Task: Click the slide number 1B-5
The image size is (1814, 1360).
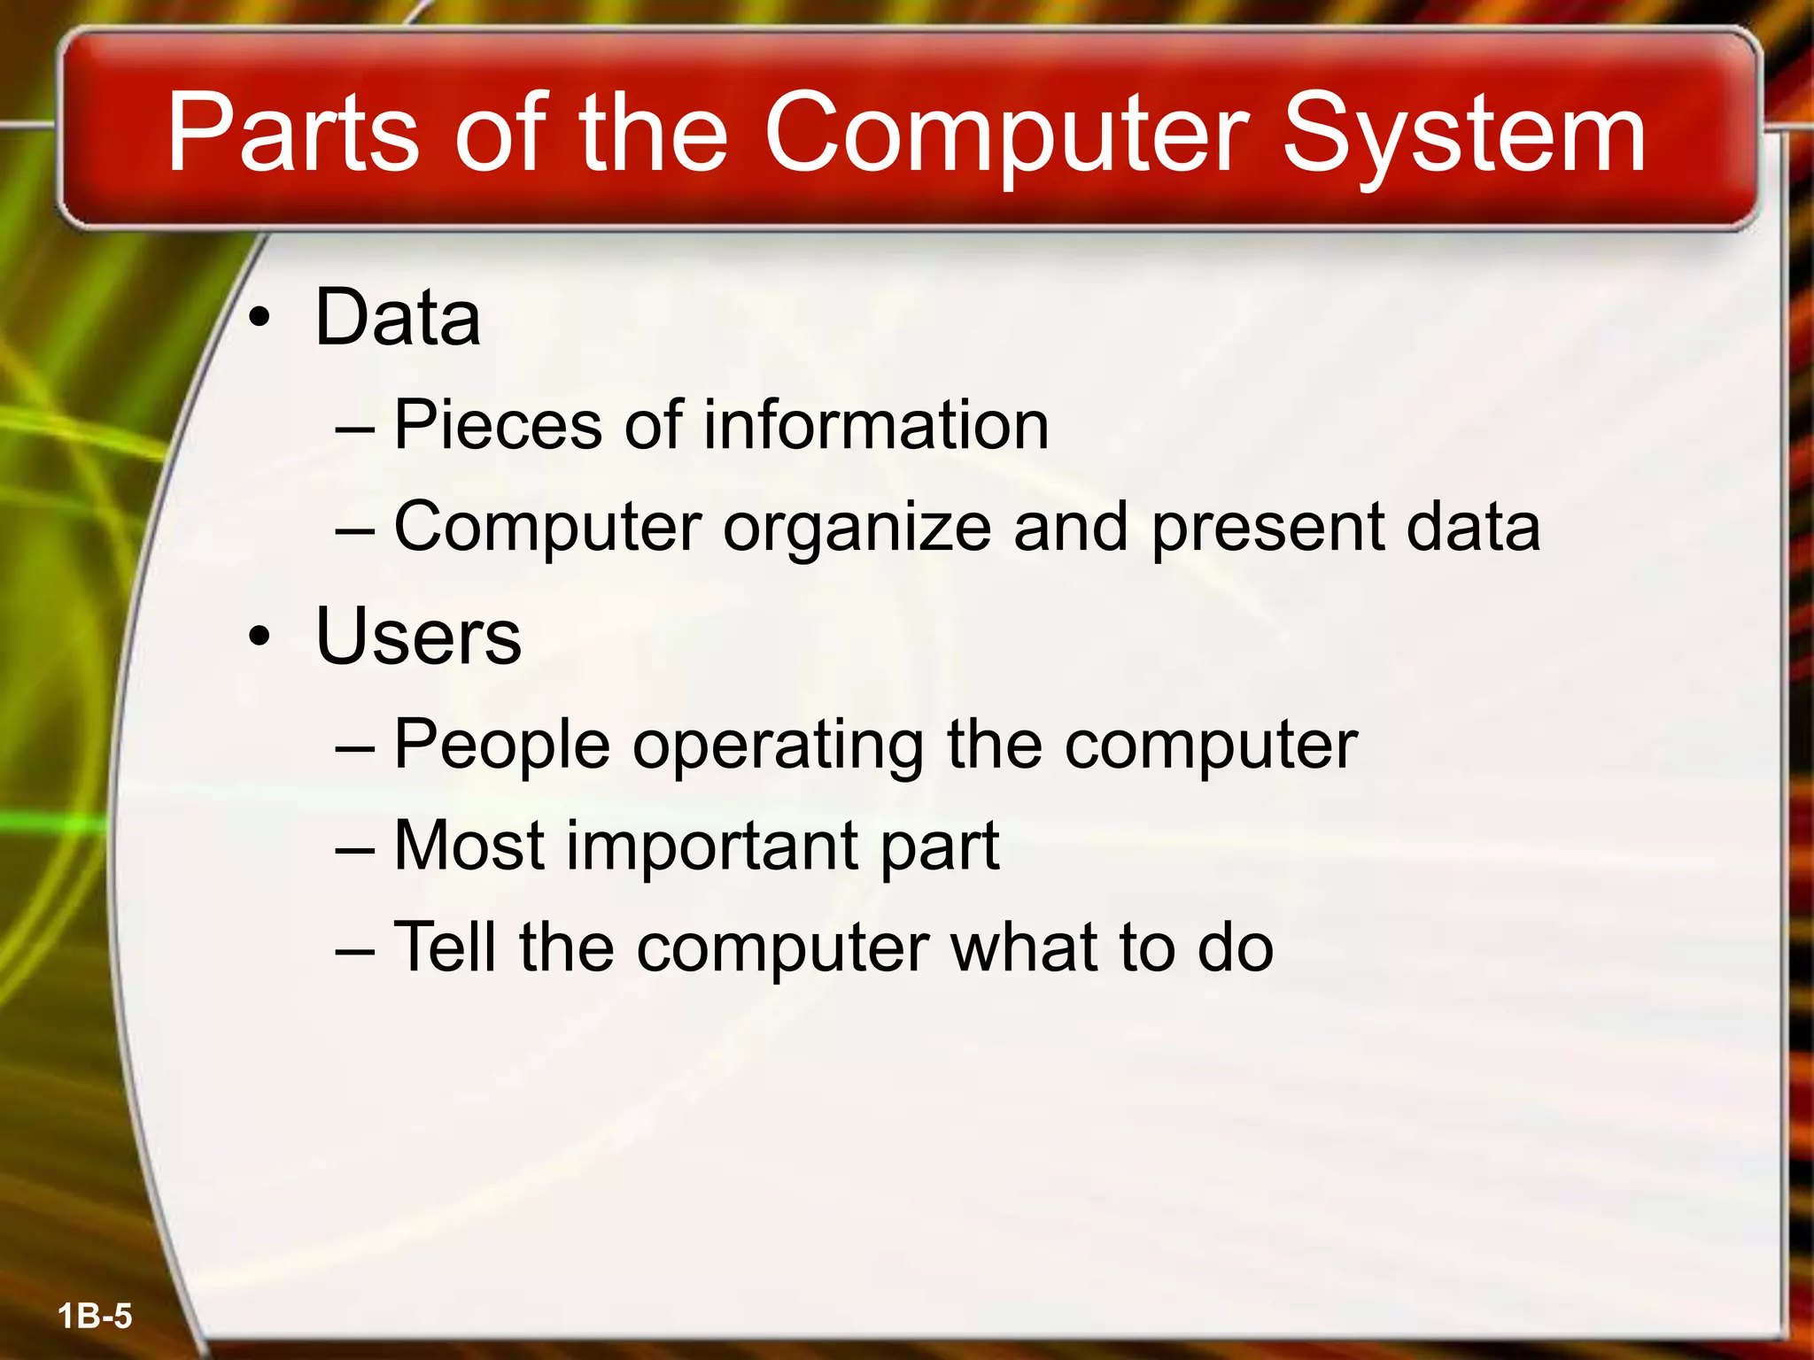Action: click(x=95, y=1316)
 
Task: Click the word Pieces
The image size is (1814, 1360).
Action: click(x=497, y=425)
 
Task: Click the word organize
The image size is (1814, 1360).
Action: click(x=857, y=528)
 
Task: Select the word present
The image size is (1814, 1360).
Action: click(x=1267, y=528)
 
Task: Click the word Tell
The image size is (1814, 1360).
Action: click(x=444, y=947)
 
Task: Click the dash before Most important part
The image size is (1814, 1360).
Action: click(x=355, y=847)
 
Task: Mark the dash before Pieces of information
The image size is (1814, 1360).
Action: click(x=355, y=427)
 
